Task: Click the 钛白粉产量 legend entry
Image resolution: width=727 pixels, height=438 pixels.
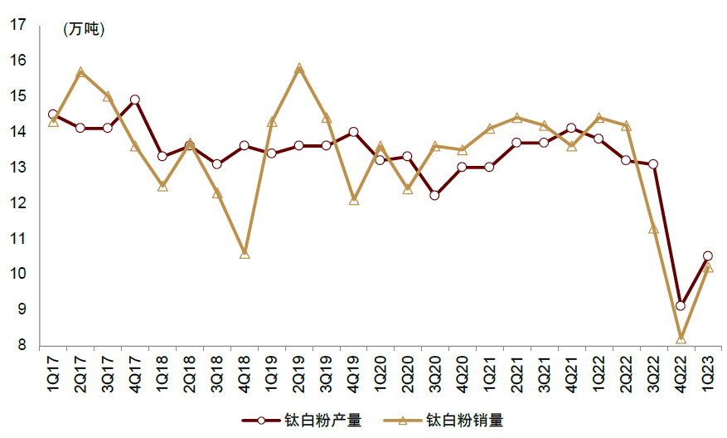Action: (x=303, y=421)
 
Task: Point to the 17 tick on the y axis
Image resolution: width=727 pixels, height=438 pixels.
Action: (x=17, y=25)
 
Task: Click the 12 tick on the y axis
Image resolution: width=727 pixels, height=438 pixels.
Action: (x=17, y=203)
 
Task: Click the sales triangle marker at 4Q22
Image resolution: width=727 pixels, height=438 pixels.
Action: (x=680, y=338)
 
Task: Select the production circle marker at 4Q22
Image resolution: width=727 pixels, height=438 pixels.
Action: (x=680, y=306)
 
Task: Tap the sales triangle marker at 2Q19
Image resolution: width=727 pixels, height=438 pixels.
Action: (x=299, y=69)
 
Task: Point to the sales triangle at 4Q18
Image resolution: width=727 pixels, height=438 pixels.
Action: (x=245, y=254)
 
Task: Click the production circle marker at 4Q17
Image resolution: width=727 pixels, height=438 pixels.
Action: (x=135, y=100)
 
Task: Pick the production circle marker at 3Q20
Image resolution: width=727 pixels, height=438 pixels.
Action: (x=434, y=196)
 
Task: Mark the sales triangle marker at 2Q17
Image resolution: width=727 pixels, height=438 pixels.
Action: (x=80, y=72)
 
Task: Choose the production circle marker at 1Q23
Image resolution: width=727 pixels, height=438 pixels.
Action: (x=707, y=256)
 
